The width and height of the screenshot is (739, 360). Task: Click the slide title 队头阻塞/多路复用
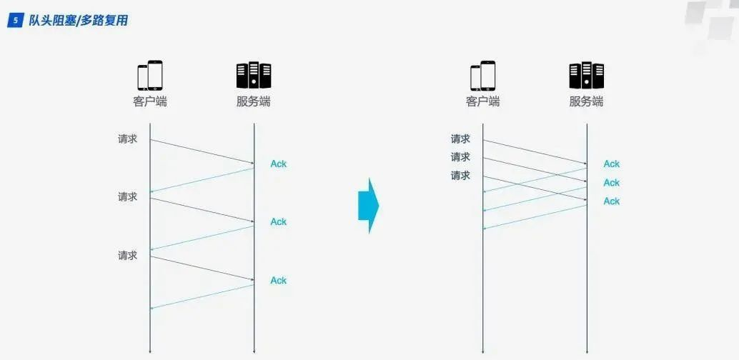pos(79,21)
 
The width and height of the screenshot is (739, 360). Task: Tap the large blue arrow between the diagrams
pos(368,206)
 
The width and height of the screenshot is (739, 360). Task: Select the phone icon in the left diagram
pos(150,76)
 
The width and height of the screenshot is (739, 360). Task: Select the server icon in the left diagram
pos(254,76)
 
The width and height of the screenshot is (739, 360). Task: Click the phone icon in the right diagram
pos(482,76)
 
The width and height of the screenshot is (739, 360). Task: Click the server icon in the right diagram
pos(586,76)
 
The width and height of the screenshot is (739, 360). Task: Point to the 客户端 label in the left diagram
pos(150,101)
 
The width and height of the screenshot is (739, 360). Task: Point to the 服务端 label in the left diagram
pos(254,101)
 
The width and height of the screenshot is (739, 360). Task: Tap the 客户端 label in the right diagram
pos(482,101)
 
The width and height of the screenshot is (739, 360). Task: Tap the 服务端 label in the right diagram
pos(586,101)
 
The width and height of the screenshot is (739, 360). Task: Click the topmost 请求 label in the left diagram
pos(128,139)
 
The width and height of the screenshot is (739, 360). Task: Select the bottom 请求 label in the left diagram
pos(128,255)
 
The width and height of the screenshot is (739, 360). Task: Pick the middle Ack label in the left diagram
pos(278,222)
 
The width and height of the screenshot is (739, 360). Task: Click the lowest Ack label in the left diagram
pos(278,281)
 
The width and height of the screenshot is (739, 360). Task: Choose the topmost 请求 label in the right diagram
pos(460,139)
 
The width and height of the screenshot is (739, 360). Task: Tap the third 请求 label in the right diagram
pos(460,176)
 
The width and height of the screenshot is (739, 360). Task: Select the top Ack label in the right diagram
pos(611,164)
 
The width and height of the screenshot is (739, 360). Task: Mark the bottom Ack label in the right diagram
pos(611,201)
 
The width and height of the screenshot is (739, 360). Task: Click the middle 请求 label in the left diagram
pos(128,196)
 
